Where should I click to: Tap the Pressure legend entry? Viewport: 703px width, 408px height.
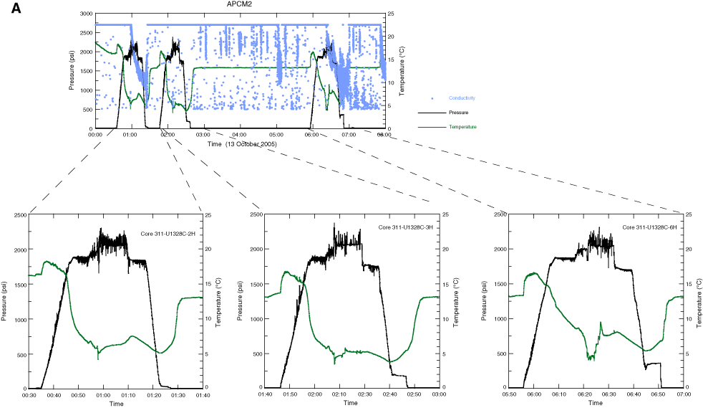coord(459,113)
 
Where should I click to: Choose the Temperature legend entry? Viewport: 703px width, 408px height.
coord(462,127)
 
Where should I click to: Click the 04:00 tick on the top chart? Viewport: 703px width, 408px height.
coord(240,135)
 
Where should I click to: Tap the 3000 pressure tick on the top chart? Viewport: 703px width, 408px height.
coord(84,14)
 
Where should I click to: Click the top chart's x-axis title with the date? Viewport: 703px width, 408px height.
coord(242,143)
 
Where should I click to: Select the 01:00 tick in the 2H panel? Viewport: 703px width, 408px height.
coord(104,395)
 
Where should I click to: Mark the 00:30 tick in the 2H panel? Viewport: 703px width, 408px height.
coord(29,395)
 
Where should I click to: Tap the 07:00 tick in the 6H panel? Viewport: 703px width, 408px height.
coord(684,395)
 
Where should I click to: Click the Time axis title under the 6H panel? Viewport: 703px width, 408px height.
coord(596,404)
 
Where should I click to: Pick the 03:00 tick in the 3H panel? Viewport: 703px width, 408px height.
coord(440,395)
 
